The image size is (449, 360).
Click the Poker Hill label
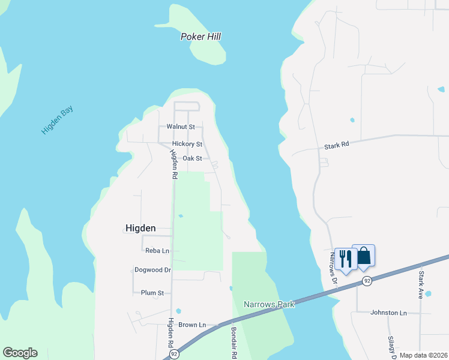point(200,37)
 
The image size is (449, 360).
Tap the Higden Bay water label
point(57,119)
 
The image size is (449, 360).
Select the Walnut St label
point(181,127)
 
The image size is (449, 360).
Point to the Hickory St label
point(187,144)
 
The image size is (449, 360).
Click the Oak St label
point(192,158)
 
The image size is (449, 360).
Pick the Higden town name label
point(140,228)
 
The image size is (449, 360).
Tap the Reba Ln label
point(157,250)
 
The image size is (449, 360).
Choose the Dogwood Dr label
point(152,270)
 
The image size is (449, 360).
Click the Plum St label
point(152,293)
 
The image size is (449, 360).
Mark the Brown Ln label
point(192,325)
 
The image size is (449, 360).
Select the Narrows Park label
point(269,304)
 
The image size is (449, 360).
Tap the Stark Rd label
point(336,146)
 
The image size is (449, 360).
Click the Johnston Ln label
point(388,313)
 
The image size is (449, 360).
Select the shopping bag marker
point(364,256)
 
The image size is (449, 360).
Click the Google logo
point(20,353)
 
